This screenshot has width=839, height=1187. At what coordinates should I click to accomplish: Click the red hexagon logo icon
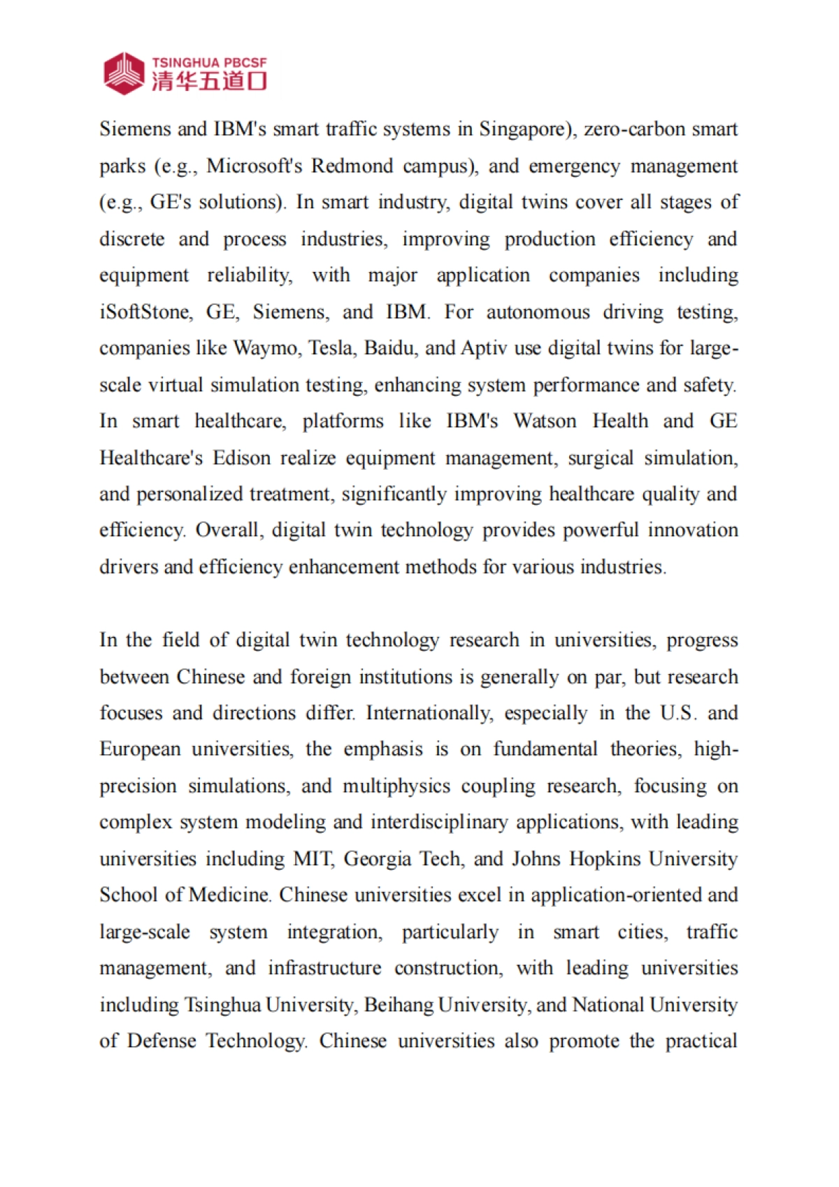click(124, 73)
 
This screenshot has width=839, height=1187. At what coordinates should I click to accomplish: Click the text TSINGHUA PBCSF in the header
click(209, 62)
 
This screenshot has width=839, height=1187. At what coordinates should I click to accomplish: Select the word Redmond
click(352, 166)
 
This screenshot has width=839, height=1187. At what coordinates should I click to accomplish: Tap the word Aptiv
click(484, 348)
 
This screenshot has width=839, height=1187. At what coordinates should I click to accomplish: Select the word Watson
click(545, 421)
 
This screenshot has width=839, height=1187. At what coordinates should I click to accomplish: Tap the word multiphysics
click(396, 786)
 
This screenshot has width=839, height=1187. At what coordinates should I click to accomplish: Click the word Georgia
click(377, 859)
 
